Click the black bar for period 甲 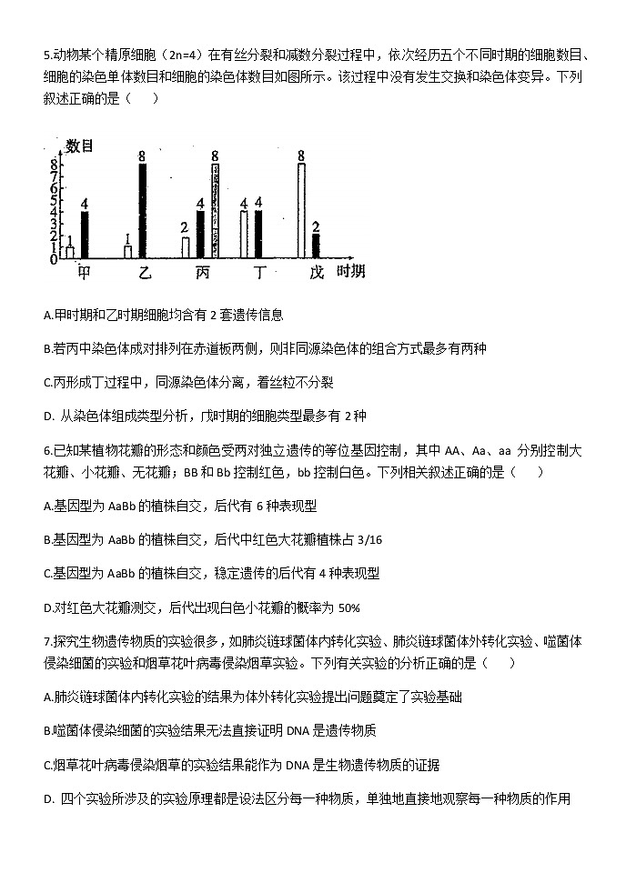pos(85,235)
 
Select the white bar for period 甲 pos(69,252)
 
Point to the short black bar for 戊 pos(316,246)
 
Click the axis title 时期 pos(351,272)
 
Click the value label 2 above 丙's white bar pos(184,227)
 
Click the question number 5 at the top pos(45,54)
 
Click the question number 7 pos(45,640)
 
